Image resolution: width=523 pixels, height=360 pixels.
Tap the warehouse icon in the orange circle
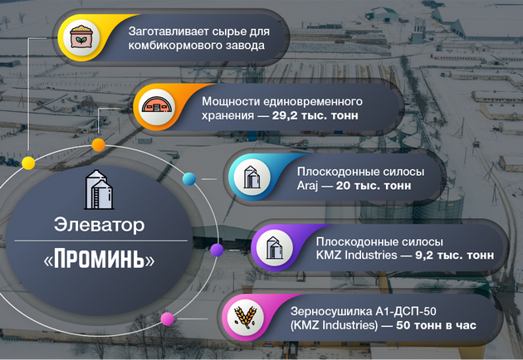pos(157,107)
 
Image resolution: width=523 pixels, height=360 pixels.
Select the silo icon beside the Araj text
pos(249,178)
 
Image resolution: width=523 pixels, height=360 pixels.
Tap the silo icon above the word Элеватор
pos(99,191)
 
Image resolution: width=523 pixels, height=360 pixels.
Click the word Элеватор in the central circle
pos(99,225)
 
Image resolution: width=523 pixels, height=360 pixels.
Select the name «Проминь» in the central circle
pos(99,260)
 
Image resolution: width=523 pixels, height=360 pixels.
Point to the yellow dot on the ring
pos(27,162)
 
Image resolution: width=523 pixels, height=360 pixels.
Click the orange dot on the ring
pos(98,145)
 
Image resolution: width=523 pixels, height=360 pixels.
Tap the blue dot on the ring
pos(188,178)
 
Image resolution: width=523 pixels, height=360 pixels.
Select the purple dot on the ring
pos(216,249)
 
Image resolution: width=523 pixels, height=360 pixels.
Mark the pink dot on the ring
pos(167,318)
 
